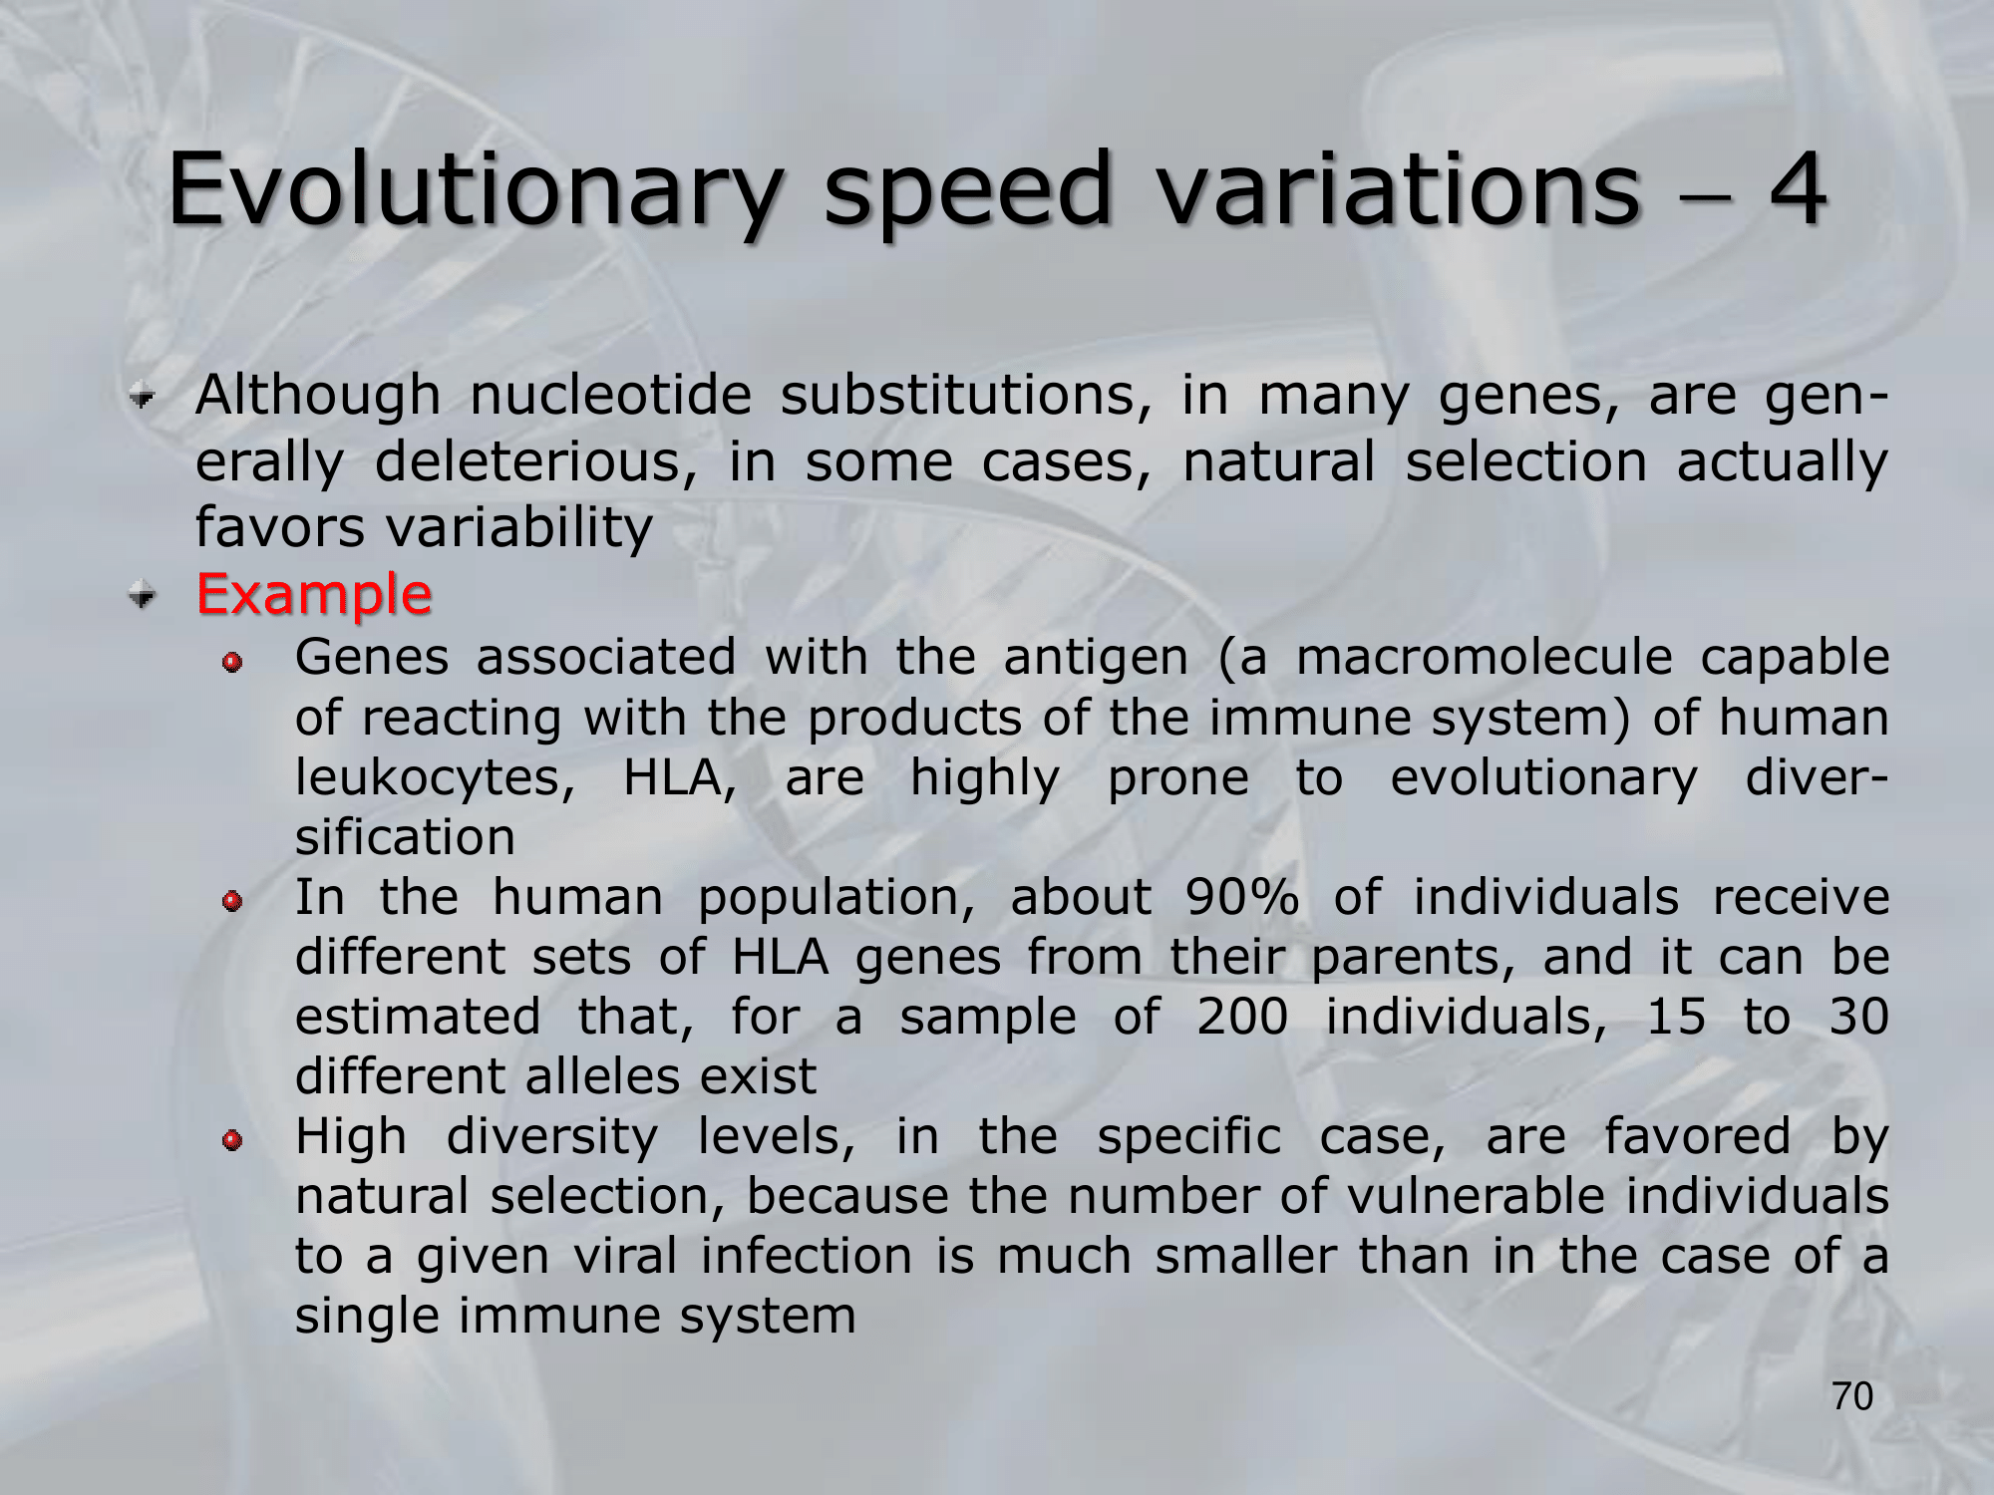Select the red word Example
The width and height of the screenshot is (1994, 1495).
(314, 595)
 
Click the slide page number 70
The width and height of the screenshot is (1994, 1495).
(1852, 1396)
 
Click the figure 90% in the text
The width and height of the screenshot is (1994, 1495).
(1242, 897)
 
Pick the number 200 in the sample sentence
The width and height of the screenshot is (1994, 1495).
(1242, 1017)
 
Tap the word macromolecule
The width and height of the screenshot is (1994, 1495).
(1484, 658)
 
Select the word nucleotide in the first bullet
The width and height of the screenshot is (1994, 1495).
(610, 395)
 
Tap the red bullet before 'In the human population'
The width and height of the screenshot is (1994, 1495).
(232, 901)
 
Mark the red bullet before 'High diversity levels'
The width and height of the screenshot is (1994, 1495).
(232, 1139)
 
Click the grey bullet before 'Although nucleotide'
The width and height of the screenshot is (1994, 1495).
(144, 399)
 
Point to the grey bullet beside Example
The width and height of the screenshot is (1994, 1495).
(144, 596)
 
